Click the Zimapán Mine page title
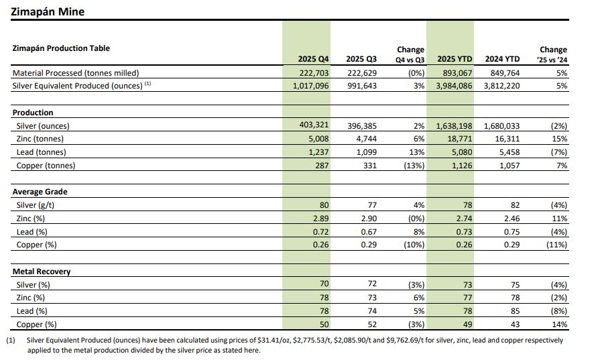tap(48, 11)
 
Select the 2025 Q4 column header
tap(313, 59)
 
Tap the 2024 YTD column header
tap(502, 59)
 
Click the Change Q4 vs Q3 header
tap(410, 54)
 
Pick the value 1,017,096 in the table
tap(310, 86)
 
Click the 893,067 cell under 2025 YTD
tap(457, 73)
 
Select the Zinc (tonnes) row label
tap(40, 139)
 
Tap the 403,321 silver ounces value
tap(314, 125)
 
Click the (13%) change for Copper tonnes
tap(414, 166)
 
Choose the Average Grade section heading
tap(40, 192)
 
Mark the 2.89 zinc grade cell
tap(320, 218)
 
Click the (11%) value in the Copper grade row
tap(556, 245)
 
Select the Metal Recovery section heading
tap(42, 272)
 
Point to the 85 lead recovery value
tap(515, 311)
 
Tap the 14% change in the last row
tap(560, 324)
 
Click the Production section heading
tap(33, 113)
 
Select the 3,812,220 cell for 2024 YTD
tap(501, 86)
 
